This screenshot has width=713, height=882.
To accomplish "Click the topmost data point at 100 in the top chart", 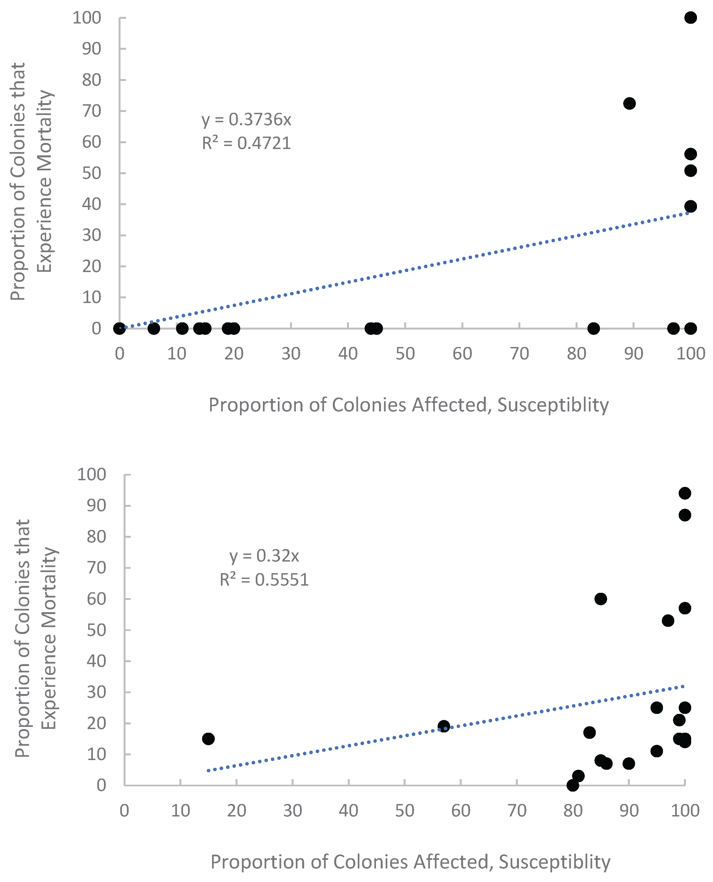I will [690, 18].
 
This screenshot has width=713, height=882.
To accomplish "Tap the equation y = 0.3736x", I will [246, 119].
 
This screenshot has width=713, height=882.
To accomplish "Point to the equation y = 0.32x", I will [264, 556].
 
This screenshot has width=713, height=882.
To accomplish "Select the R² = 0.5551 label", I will [264, 580].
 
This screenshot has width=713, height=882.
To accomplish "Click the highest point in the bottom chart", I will [685, 493].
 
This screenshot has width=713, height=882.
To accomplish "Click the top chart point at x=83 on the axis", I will [593, 328].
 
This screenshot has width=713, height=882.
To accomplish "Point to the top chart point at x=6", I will [154, 328].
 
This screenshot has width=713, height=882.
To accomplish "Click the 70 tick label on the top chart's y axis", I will [92, 111].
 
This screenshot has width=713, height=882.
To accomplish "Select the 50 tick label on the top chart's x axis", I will [405, 354].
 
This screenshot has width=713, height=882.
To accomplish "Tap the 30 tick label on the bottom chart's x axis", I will [292, 810].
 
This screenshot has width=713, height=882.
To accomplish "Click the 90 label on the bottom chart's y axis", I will [96, 505].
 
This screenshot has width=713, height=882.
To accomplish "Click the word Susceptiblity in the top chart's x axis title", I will [553, 405].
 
